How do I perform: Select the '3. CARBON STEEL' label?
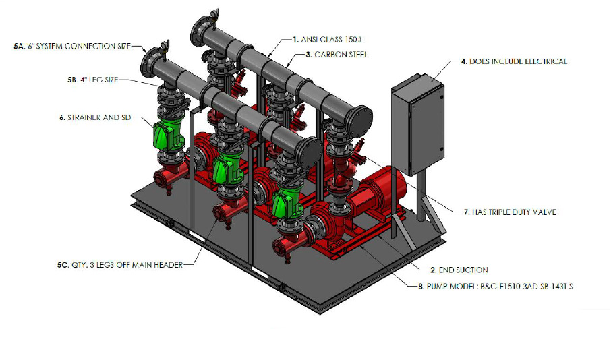(337, 55)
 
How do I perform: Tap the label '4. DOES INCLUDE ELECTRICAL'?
(514, 61)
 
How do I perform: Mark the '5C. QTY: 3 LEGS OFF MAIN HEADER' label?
(121, 265)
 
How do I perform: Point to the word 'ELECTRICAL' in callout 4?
(544, 61)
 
